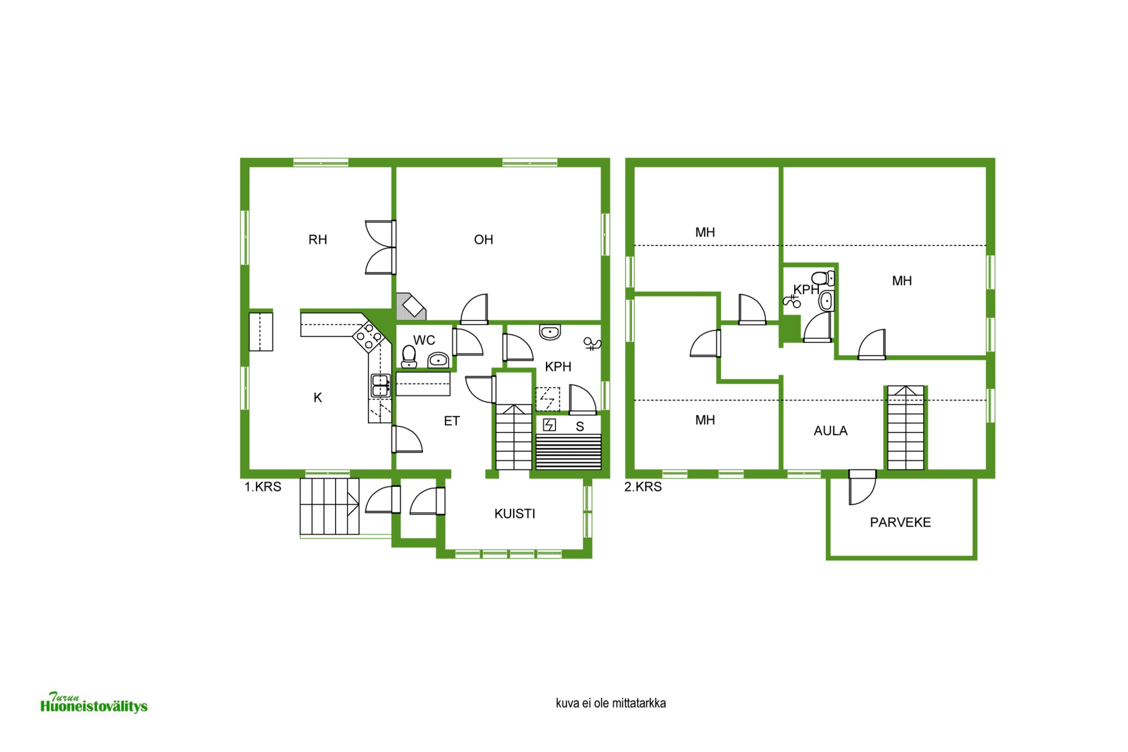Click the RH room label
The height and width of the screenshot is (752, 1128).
click(x=318, y=240)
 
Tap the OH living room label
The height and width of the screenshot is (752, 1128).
click(x=483, y=240)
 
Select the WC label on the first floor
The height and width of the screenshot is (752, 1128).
click(x=424, y=340)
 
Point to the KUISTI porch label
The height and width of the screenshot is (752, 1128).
click(x=514, y=514)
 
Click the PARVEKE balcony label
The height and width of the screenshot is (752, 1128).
click(x=900, y=522)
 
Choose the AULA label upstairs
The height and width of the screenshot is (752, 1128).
click(x=830, y=431)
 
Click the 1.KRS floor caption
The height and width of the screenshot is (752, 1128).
click(x=262, y=487)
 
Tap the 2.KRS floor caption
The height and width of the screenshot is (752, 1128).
click(x=643, y=487)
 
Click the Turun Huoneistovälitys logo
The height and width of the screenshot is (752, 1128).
click(x=94, y=703)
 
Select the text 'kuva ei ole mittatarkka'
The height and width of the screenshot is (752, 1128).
click(x=611, y=703)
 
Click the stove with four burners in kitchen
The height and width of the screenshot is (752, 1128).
click(x=368, y=336)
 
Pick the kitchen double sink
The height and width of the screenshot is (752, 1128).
click(x=381, y=385)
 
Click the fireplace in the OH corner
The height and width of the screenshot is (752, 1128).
click(x=411, y=307)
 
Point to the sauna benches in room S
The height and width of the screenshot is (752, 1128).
click(x=569, y=452)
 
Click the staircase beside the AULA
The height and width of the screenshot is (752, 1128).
click(x=906, y=428)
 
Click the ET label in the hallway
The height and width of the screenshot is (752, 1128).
click(x=452, y=421)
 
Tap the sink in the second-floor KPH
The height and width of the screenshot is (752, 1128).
click(x=826, y=301)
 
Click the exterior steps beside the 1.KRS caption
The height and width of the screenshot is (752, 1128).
click(x=329, y=507)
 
